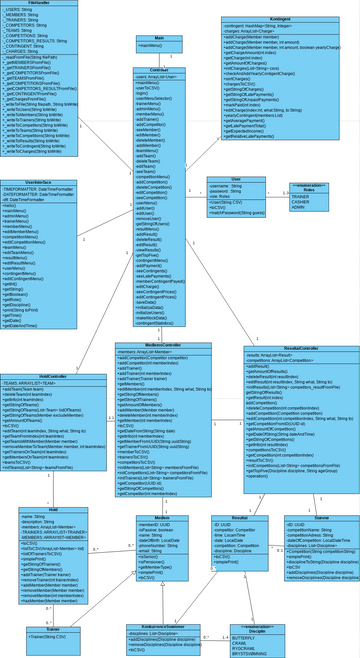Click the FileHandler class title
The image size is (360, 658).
(x=41, y=4)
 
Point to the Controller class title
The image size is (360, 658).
(x=159, y=69)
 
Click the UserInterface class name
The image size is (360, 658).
(x=39, y=181)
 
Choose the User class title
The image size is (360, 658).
(x=236, y=177)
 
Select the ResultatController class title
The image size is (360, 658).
(x=295, y=348)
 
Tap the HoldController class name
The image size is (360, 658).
(x=53, y=376)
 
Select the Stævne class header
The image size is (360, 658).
(x=320, y=517)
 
